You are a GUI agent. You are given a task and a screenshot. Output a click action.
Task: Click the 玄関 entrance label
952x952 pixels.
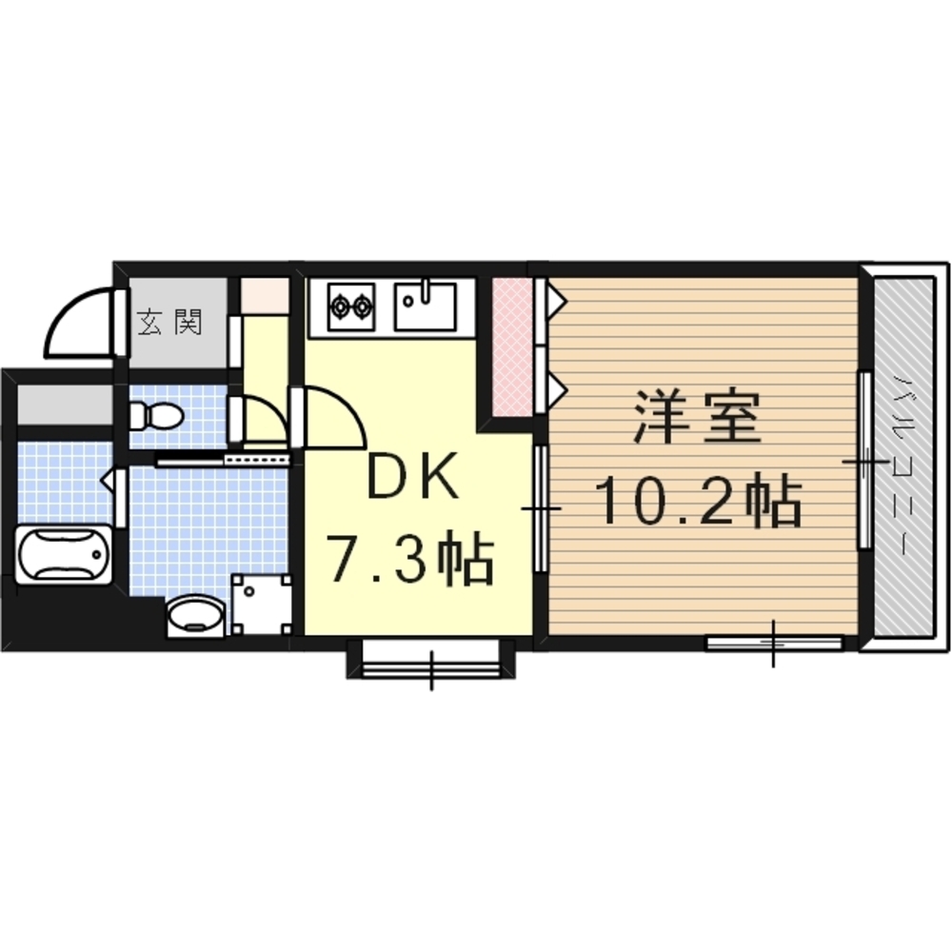point(169,322)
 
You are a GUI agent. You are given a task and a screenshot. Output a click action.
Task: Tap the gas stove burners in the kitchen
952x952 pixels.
point(350,307)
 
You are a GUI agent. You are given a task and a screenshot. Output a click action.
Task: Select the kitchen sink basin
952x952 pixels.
point(425,306)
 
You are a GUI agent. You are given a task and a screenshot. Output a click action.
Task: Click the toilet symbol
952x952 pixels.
point(156,417)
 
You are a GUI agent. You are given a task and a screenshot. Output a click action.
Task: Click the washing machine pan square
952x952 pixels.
point(261,605)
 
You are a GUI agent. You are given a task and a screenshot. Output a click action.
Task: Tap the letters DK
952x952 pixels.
point(413,477)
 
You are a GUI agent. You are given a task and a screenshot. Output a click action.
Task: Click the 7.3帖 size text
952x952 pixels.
point(411,557)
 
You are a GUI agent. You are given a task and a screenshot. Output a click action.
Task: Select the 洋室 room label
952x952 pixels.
point(697,417)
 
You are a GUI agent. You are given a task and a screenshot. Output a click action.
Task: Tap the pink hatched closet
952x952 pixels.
point(512,347)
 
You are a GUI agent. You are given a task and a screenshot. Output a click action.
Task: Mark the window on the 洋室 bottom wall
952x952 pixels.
point(773,643)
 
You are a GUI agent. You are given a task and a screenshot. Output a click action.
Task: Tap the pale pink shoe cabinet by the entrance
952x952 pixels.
point(265,296)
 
